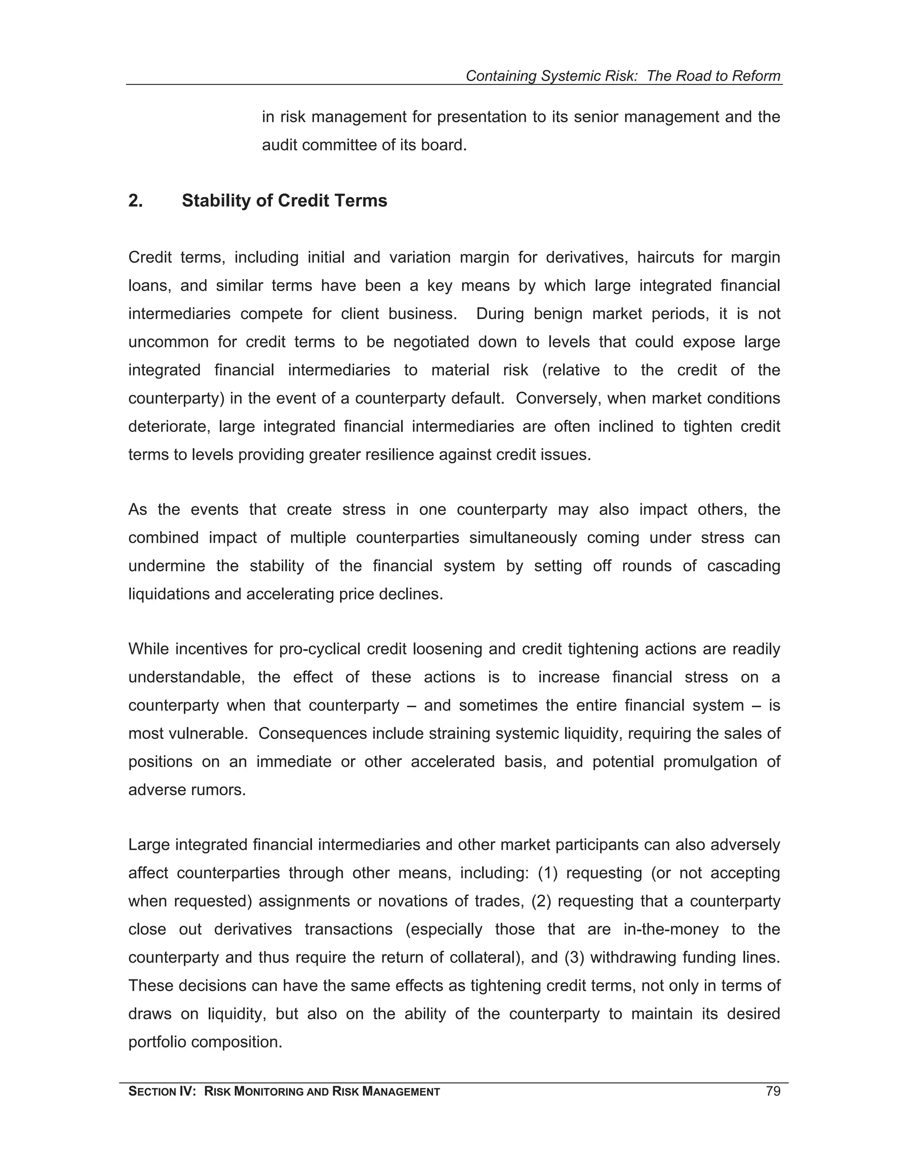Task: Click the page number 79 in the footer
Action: point(772,1092)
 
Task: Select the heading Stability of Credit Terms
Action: point(285,201)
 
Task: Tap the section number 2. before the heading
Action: point(135,201)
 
